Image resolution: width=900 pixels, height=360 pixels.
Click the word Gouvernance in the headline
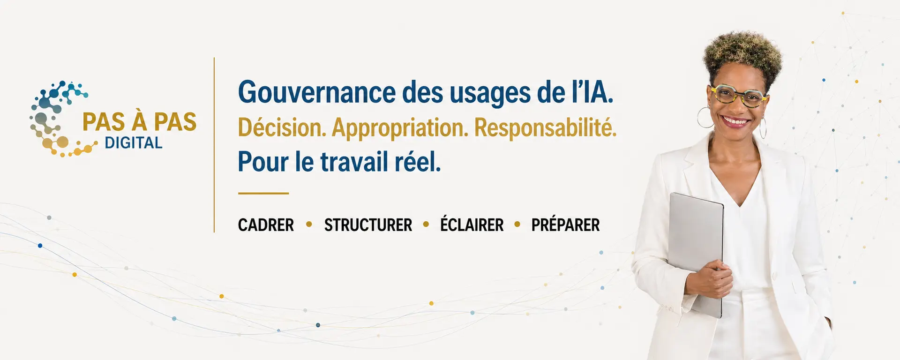point(317,93)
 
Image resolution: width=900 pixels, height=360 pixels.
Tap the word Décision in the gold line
point(282,127)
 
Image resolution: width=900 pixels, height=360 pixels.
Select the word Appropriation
point(400,128)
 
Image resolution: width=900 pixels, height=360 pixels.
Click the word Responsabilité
point(545,128)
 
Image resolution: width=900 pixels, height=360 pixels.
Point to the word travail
point(354,162)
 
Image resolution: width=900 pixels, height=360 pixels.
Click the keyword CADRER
point(266,225)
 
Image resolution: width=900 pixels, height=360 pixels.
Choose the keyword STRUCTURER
point(368,225)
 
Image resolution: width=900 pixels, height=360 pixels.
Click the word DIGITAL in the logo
point(134,143)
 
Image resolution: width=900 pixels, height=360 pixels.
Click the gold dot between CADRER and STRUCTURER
point(309,225)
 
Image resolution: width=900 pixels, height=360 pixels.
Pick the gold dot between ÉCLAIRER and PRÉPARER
point(517,225)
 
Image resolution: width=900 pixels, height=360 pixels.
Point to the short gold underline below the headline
point(263,193)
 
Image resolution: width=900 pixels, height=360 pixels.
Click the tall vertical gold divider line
point(214,145)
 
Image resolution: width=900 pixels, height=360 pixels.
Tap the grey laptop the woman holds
point(696,253)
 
